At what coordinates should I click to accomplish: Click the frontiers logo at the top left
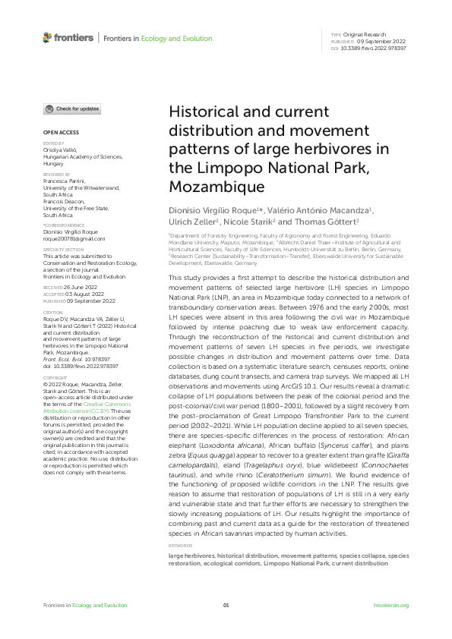pos(68,37)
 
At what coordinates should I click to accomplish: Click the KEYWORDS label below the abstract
pos(180,545)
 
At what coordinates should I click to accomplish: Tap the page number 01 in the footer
pos(226,605)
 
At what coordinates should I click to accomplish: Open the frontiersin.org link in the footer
pos(392,605)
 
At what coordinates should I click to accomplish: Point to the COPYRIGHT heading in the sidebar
pos(55,376)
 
